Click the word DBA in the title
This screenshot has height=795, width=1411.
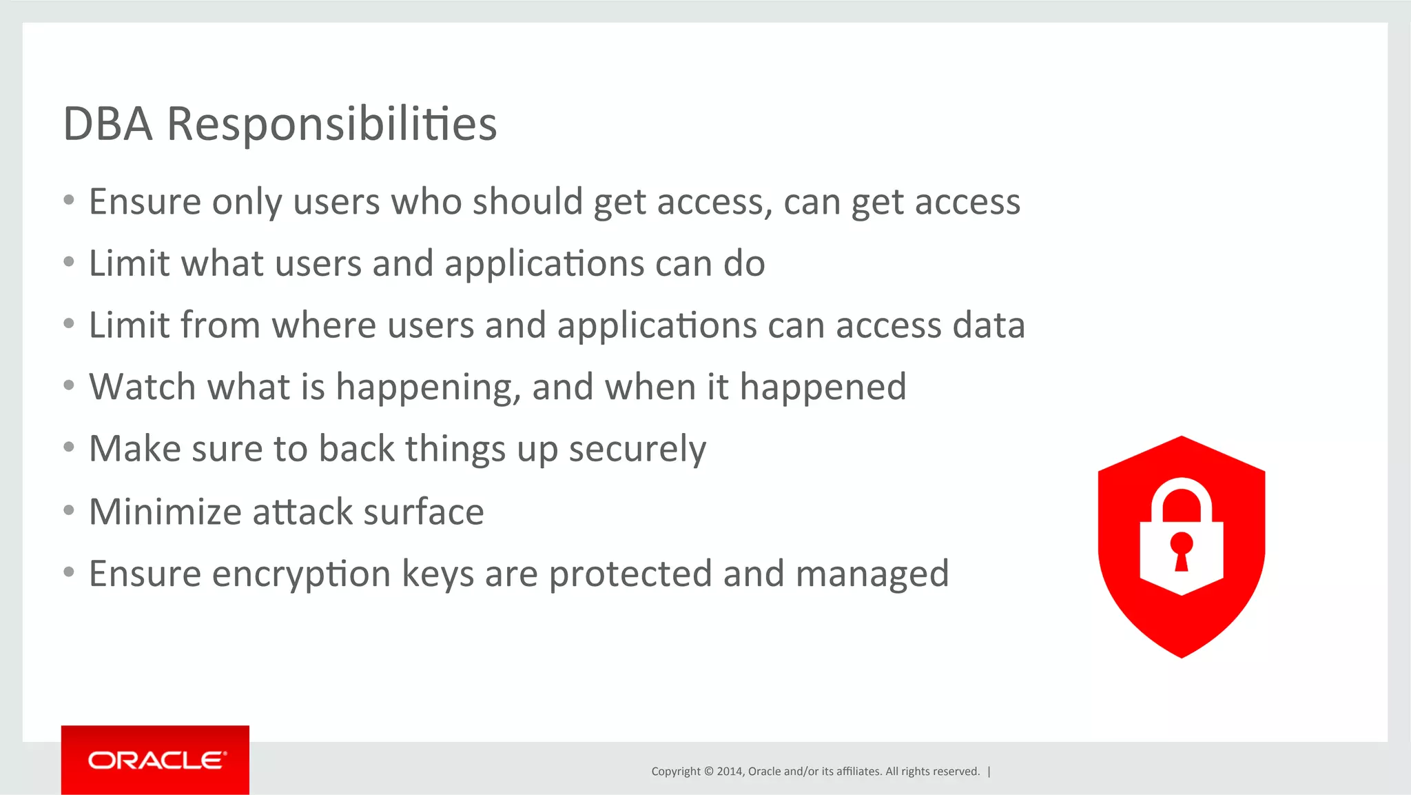point(107,124)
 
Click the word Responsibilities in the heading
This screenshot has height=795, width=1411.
point(331,124)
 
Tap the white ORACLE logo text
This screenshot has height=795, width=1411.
point(156,761)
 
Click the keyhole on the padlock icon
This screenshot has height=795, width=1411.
point(1182,550)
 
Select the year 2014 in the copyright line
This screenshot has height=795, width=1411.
point(730,772)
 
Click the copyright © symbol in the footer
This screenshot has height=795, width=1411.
point(708,772)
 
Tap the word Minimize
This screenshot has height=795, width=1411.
point(165,512)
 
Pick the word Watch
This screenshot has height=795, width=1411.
point(142,388)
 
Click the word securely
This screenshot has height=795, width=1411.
point(637,450)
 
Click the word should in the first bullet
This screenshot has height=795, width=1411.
point(527,202)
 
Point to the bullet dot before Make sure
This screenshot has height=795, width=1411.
point(68,447)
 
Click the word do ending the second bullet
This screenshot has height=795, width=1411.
point(744,264)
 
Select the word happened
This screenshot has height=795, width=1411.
point(823,388)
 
